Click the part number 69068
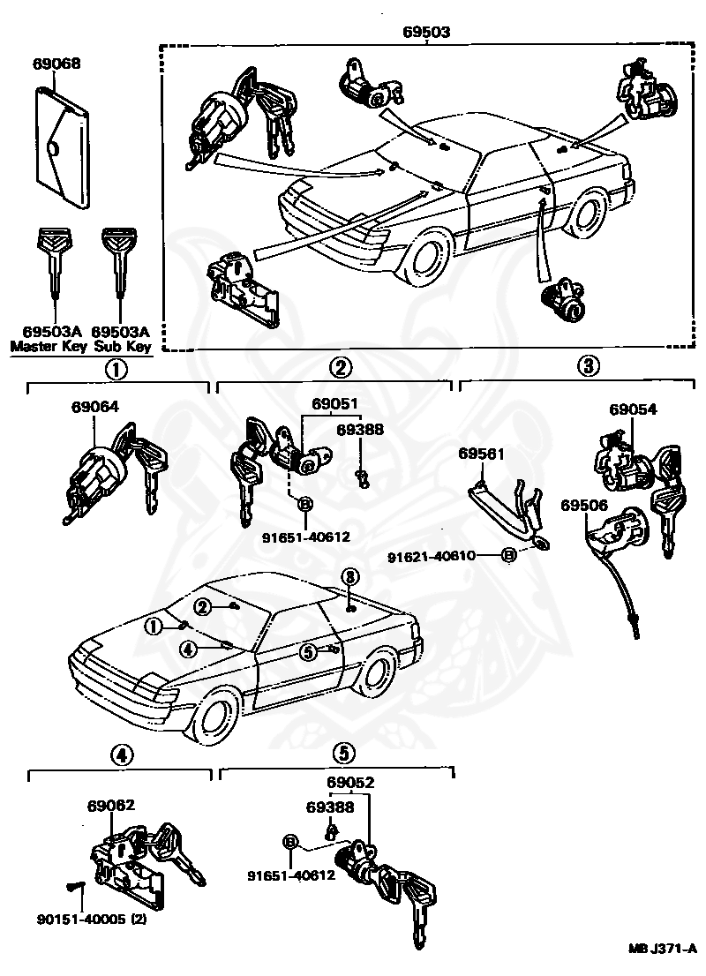tap(56, 64)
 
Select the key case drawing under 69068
tap(63, 148)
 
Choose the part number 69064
tap(94, 407)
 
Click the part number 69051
tap(334, 404)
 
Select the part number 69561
tap(481, 454)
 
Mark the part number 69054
tap(633, 409)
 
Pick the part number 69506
tap(585, 505)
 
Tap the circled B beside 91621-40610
tap(508, 556)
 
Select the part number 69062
tap(111, 805)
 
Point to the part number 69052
tap(350, 782)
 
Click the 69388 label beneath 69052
tap(330, 807)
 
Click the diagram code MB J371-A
tap(662, 949)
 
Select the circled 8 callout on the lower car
tap(349, 575)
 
